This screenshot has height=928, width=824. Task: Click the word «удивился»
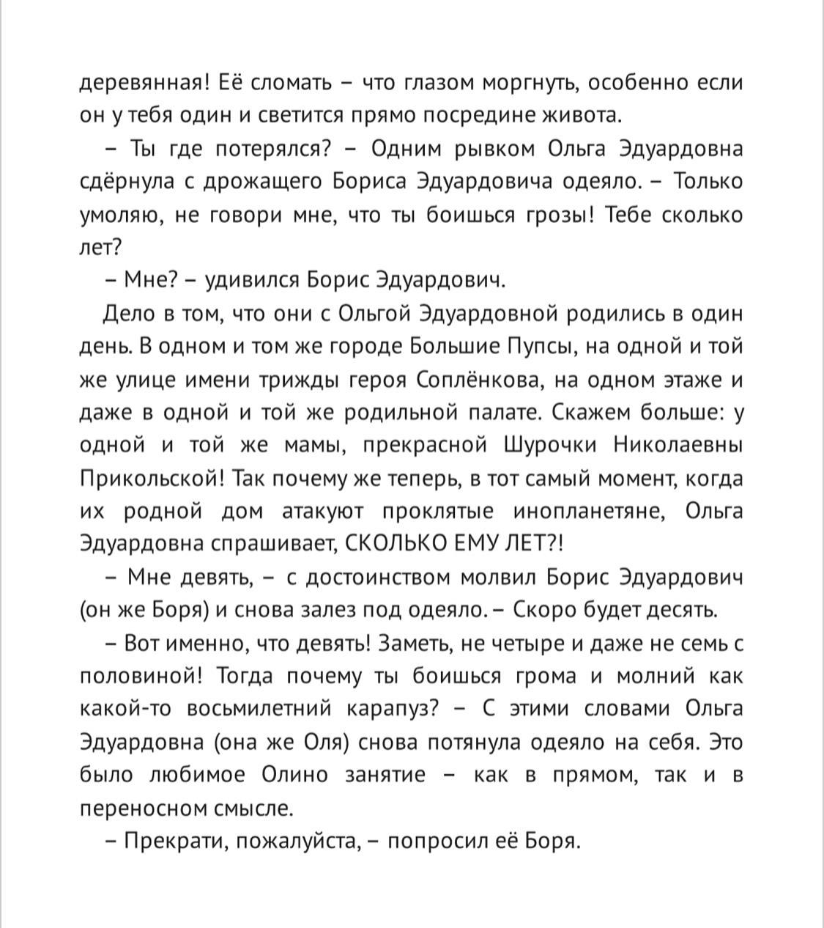252,280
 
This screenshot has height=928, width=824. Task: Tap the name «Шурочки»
550,445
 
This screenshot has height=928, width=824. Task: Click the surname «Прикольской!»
155,479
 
